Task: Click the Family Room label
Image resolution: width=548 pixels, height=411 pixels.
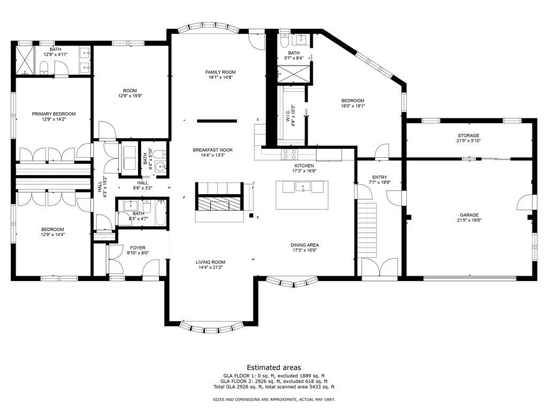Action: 220,72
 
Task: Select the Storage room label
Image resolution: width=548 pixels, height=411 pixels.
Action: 468,135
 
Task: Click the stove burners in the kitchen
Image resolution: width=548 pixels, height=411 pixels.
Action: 290,155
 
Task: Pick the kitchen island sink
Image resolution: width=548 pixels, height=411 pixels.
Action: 303,187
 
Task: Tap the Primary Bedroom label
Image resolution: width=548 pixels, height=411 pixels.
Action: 54,114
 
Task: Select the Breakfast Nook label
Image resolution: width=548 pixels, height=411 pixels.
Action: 213,150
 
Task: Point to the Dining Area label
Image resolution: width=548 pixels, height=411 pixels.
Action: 305,245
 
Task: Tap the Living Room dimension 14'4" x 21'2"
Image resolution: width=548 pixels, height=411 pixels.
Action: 210,268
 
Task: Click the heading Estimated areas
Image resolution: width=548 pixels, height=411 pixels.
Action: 273,368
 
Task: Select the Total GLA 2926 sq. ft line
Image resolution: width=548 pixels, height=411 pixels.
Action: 273,386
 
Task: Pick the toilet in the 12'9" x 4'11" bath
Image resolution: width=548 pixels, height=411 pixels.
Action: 45,66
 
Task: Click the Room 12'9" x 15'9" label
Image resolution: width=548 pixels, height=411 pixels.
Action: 130,90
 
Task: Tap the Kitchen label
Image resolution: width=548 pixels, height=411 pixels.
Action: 304,166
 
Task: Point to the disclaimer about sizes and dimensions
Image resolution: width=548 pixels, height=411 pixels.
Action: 273,399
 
